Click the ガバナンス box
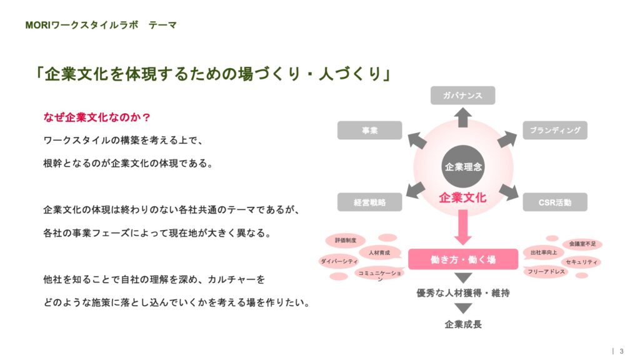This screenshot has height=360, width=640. click(462, 95)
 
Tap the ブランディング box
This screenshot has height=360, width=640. click(555, 130)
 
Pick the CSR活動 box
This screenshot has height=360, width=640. click(554, 202)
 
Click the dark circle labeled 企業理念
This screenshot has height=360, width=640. click(463, 167)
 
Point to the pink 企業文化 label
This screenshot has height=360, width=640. click(462, 197)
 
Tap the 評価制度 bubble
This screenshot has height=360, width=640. click(346, 240)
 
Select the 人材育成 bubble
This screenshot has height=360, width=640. click(379, 252)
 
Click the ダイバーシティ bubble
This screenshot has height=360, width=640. click(339, 262)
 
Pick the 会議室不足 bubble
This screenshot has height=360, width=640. click(582, 243)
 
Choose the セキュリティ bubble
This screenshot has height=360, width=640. click(581, 262)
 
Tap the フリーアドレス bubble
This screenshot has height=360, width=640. click(546, 272)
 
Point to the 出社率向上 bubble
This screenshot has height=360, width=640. click(543, 252)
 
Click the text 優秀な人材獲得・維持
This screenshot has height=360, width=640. click(463, 292)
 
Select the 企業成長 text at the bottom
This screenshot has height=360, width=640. click(463, 324)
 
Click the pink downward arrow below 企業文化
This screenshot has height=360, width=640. click(462, 227)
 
